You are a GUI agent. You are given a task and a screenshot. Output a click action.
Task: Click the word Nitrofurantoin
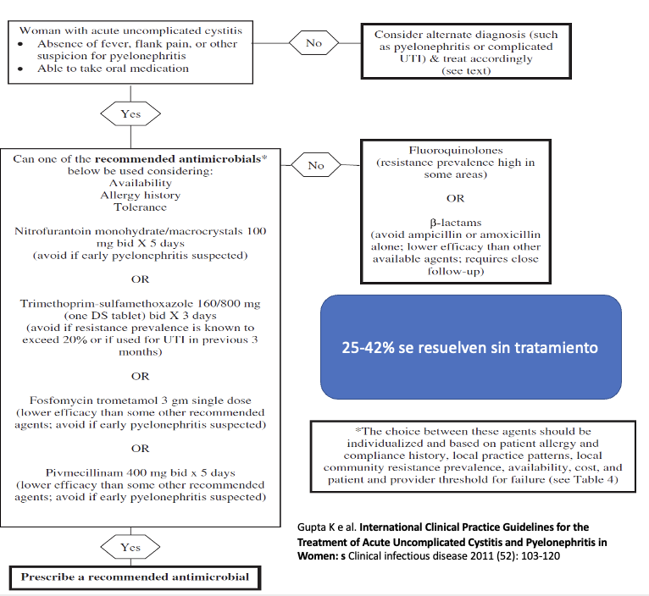[x=56, y=230]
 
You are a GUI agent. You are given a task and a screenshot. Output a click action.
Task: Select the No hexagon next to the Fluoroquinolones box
[x=316, y=165]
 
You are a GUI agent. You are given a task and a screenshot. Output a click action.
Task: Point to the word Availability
[x=141, y=182]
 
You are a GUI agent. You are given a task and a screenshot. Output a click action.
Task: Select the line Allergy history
[x=141, y=195]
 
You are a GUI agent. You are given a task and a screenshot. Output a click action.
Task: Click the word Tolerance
[x=141, y=207]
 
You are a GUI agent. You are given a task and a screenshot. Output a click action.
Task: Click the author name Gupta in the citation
[x=313, y=527]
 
